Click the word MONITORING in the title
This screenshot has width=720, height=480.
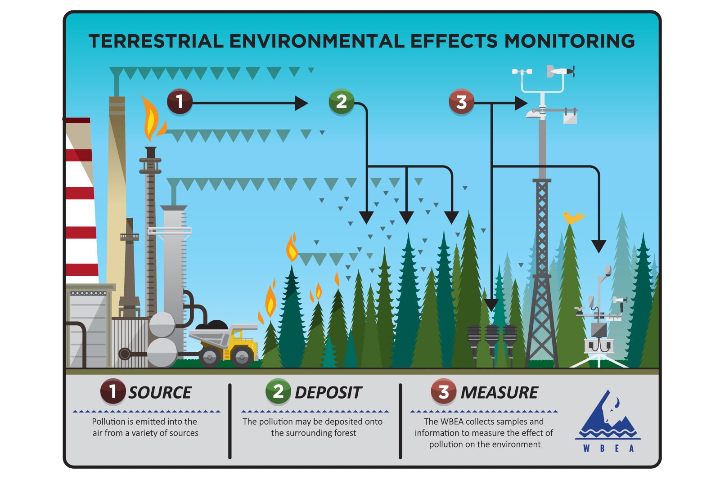569,41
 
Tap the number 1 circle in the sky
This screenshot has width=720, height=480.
180,102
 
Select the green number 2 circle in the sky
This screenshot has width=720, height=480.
342,102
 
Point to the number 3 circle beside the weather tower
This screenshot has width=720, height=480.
461,102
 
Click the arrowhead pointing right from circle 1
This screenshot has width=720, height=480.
301,103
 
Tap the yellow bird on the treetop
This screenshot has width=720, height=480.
574,217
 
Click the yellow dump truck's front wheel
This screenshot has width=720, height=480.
242,357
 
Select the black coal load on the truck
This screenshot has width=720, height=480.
212,325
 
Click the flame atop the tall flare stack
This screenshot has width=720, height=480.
153,118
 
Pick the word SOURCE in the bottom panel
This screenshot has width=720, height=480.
160,392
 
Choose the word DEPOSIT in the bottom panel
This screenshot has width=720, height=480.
328,392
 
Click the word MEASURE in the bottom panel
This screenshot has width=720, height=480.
499,392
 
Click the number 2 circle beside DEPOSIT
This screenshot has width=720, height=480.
279,391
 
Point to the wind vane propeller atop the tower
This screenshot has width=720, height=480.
561,72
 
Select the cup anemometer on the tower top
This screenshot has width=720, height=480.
522,72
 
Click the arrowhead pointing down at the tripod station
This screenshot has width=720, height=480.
599,247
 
